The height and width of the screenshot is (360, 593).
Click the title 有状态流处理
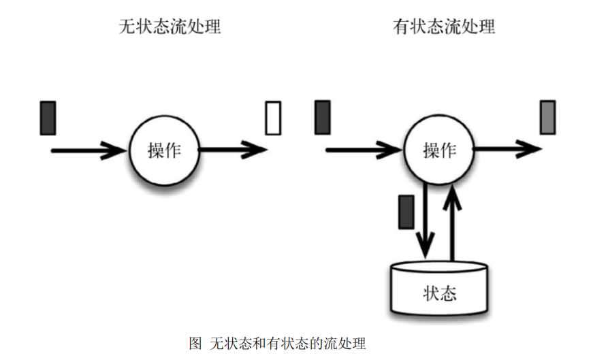[x=444, y=27]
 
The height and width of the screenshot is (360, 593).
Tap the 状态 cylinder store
[x=439, y=289]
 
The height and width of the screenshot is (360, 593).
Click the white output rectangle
[x=273, y=117]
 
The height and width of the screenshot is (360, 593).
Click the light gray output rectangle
[x=548, y=116]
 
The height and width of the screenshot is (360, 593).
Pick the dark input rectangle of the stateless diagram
[x=48, y=117]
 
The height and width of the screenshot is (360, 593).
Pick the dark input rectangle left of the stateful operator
[x=323, y=116]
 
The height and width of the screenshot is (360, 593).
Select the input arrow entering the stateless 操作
[x=89, y=150]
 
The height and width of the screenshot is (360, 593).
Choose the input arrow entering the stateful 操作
[x=364, y=150]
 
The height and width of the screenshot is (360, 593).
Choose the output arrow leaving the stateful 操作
[x=508, y=148]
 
